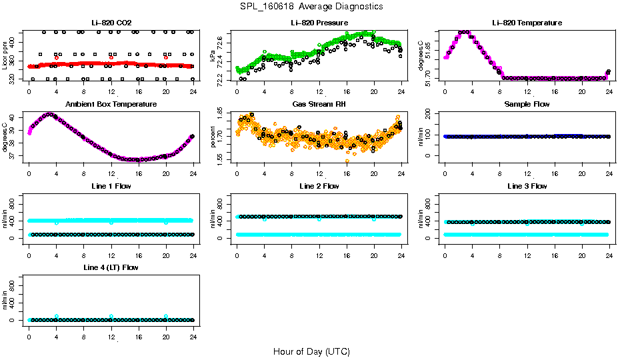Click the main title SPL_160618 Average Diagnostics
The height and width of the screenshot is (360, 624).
(312, 7)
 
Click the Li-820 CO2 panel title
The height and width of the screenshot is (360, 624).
(111, 23)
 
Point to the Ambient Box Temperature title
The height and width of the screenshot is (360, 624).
(111, 105)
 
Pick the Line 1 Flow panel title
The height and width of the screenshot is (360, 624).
(111, 186)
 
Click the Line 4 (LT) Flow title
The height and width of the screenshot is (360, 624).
(111, 267)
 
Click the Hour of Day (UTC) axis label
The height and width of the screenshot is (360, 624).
(311, 351)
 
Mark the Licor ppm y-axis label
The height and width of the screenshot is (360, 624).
(5, 56)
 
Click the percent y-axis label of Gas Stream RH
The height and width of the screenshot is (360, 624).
(213, 137)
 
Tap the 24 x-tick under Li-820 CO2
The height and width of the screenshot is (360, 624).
(193, 91)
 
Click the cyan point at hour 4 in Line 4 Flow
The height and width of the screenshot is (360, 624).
(57, 317)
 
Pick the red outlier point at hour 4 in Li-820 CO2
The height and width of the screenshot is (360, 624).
(57, 58)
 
